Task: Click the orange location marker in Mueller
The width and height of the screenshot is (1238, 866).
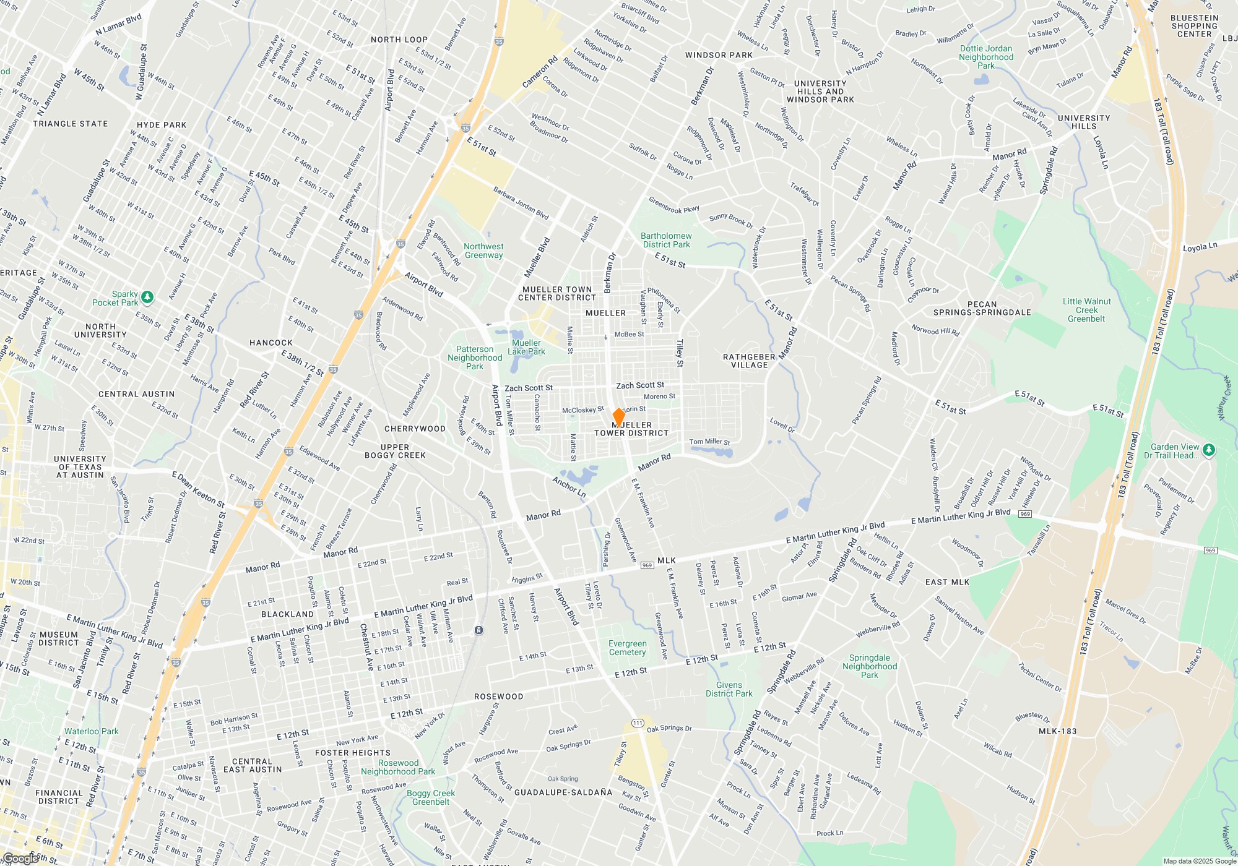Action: [x=618, y=417]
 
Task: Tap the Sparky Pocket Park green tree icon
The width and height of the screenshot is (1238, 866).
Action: [x=147, y=298]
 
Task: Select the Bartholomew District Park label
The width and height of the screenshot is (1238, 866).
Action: [x=666, y=240]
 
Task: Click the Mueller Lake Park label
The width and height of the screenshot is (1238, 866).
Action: [x=526, y=347]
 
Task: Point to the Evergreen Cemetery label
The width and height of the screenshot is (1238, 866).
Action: [x=627, y=648]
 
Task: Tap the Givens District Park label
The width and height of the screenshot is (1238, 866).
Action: [x=729, y=689]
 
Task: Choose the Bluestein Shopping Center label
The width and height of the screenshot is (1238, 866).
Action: [x=1194, y=26]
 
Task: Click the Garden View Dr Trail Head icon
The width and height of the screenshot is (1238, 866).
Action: [x=1209, y=450]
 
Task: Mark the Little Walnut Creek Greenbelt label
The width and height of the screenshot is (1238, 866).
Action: [x=1086, y=310]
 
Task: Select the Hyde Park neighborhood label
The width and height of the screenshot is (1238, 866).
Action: [x=162, y=125]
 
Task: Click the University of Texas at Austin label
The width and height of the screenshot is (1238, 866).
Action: [x=80, y=467]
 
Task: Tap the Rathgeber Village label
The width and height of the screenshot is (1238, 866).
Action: [x=749, y=361]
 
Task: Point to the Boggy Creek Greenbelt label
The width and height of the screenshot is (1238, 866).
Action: [x=431, y=797]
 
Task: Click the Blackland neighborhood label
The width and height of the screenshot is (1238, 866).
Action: [x=287, y=614]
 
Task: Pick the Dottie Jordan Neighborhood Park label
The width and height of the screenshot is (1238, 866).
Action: [x=986, y=57]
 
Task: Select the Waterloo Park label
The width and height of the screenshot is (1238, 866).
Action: [x=92, y=731]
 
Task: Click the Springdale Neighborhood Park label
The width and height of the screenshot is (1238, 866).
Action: [x=869, y=666]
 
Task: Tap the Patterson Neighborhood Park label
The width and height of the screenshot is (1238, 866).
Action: [x=475, y=358]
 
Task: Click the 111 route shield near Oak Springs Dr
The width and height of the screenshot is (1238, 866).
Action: [x=638, y=723]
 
